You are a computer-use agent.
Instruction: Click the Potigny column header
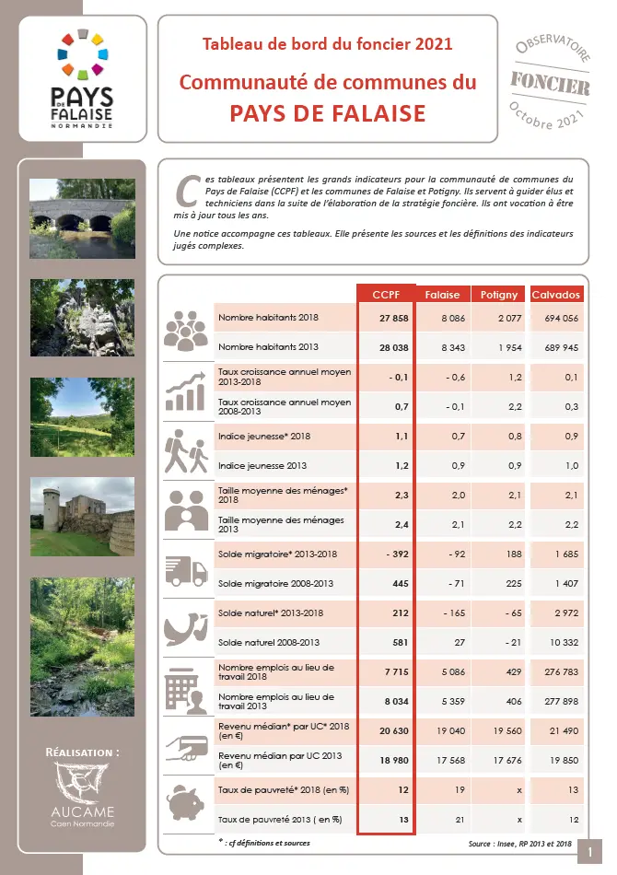point(499,295)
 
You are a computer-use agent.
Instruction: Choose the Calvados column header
point(556,295)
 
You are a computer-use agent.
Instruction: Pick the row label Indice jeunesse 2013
point(257,466)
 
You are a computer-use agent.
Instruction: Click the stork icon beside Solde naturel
point(188,627)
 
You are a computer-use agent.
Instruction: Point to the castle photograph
point(82,517)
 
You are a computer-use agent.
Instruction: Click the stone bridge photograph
point(82,217)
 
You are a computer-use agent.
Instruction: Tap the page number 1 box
point(588,854)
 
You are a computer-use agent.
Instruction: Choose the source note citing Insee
point(520,843)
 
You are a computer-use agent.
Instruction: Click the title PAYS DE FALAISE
point(327,113)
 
